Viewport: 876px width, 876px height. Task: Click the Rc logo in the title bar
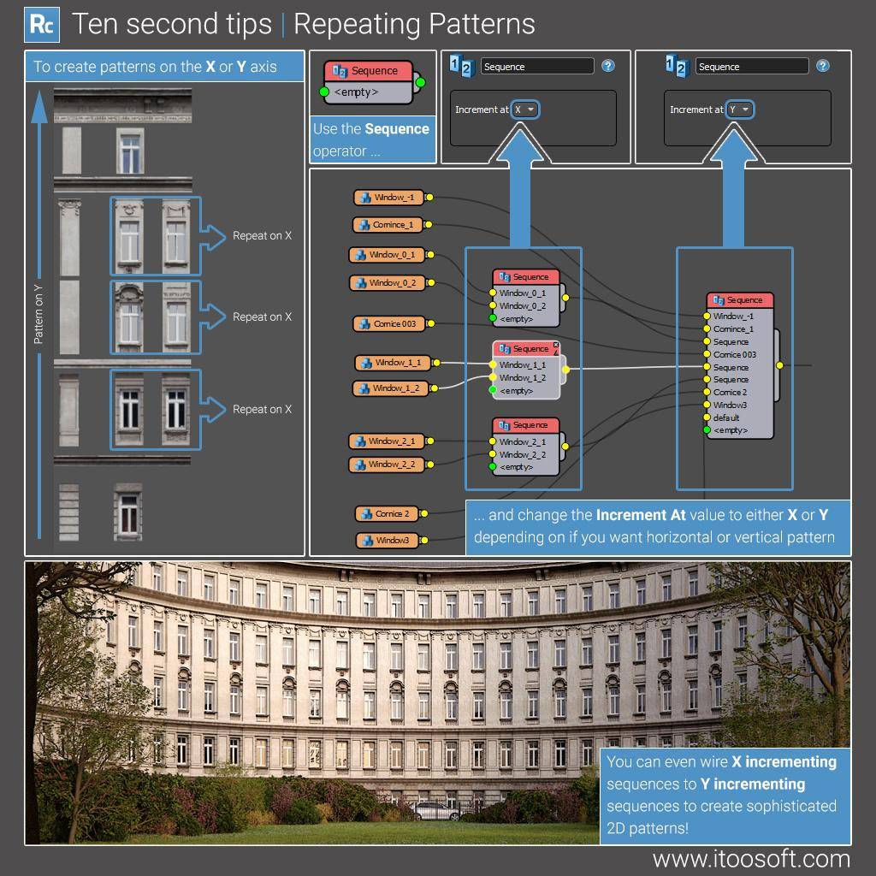41,24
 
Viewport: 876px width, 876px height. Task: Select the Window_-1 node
388,198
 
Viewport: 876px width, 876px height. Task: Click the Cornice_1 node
388,225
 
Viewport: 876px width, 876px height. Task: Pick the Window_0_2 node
388,282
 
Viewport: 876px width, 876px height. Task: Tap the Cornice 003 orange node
389,324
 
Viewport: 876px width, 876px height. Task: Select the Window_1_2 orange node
392,388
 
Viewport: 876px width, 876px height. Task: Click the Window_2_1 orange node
387,441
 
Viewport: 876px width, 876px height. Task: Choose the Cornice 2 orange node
388,514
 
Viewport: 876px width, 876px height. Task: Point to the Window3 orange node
388,541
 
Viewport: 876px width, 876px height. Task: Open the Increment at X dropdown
525,109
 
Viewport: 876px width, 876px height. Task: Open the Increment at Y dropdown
740,109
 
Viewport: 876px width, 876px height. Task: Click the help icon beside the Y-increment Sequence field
822,66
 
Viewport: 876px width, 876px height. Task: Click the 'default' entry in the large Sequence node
726,417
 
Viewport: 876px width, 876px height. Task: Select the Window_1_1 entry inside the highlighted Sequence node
522,364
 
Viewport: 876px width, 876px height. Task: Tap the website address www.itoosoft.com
751,858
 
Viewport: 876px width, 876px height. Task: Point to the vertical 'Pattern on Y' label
38,314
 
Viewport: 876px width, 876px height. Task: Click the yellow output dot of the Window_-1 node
429,198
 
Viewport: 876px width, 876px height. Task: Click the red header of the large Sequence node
740,300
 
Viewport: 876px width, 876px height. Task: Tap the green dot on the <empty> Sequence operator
324,92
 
